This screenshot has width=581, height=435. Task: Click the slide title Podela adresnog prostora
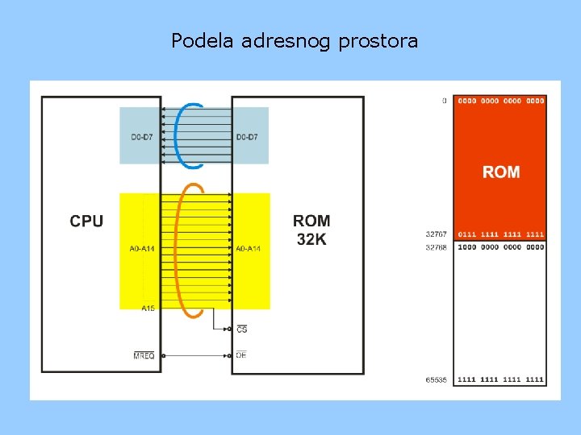coord(295,41)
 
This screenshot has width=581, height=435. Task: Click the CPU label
coord(86,221)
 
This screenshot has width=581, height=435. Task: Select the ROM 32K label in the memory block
coord(311,230)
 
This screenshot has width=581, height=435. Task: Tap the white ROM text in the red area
coord(501,172)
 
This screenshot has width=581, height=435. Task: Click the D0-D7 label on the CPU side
coord(141,137)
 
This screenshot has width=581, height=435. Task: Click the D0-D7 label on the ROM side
coord(247,137)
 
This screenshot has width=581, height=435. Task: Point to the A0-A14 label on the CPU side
coord(142,249)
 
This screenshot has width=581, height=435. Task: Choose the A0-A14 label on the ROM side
coord(248,249)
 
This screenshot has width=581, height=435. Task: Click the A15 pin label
coord(148,309)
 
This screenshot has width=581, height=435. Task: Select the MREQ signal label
coord(144,355)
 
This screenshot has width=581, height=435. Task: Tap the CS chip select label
coord(242,329)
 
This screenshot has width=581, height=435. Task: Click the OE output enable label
coord(241,355)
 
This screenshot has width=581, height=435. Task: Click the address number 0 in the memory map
coord(444,101)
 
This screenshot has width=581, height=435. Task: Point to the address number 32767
coord(437,234)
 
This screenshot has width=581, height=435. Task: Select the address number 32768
coord(437,247)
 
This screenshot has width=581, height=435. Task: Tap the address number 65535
coord(437,379)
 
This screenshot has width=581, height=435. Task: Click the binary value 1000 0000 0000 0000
coord(500,247)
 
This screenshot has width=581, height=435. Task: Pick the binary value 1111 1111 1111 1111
coord(500,379)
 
